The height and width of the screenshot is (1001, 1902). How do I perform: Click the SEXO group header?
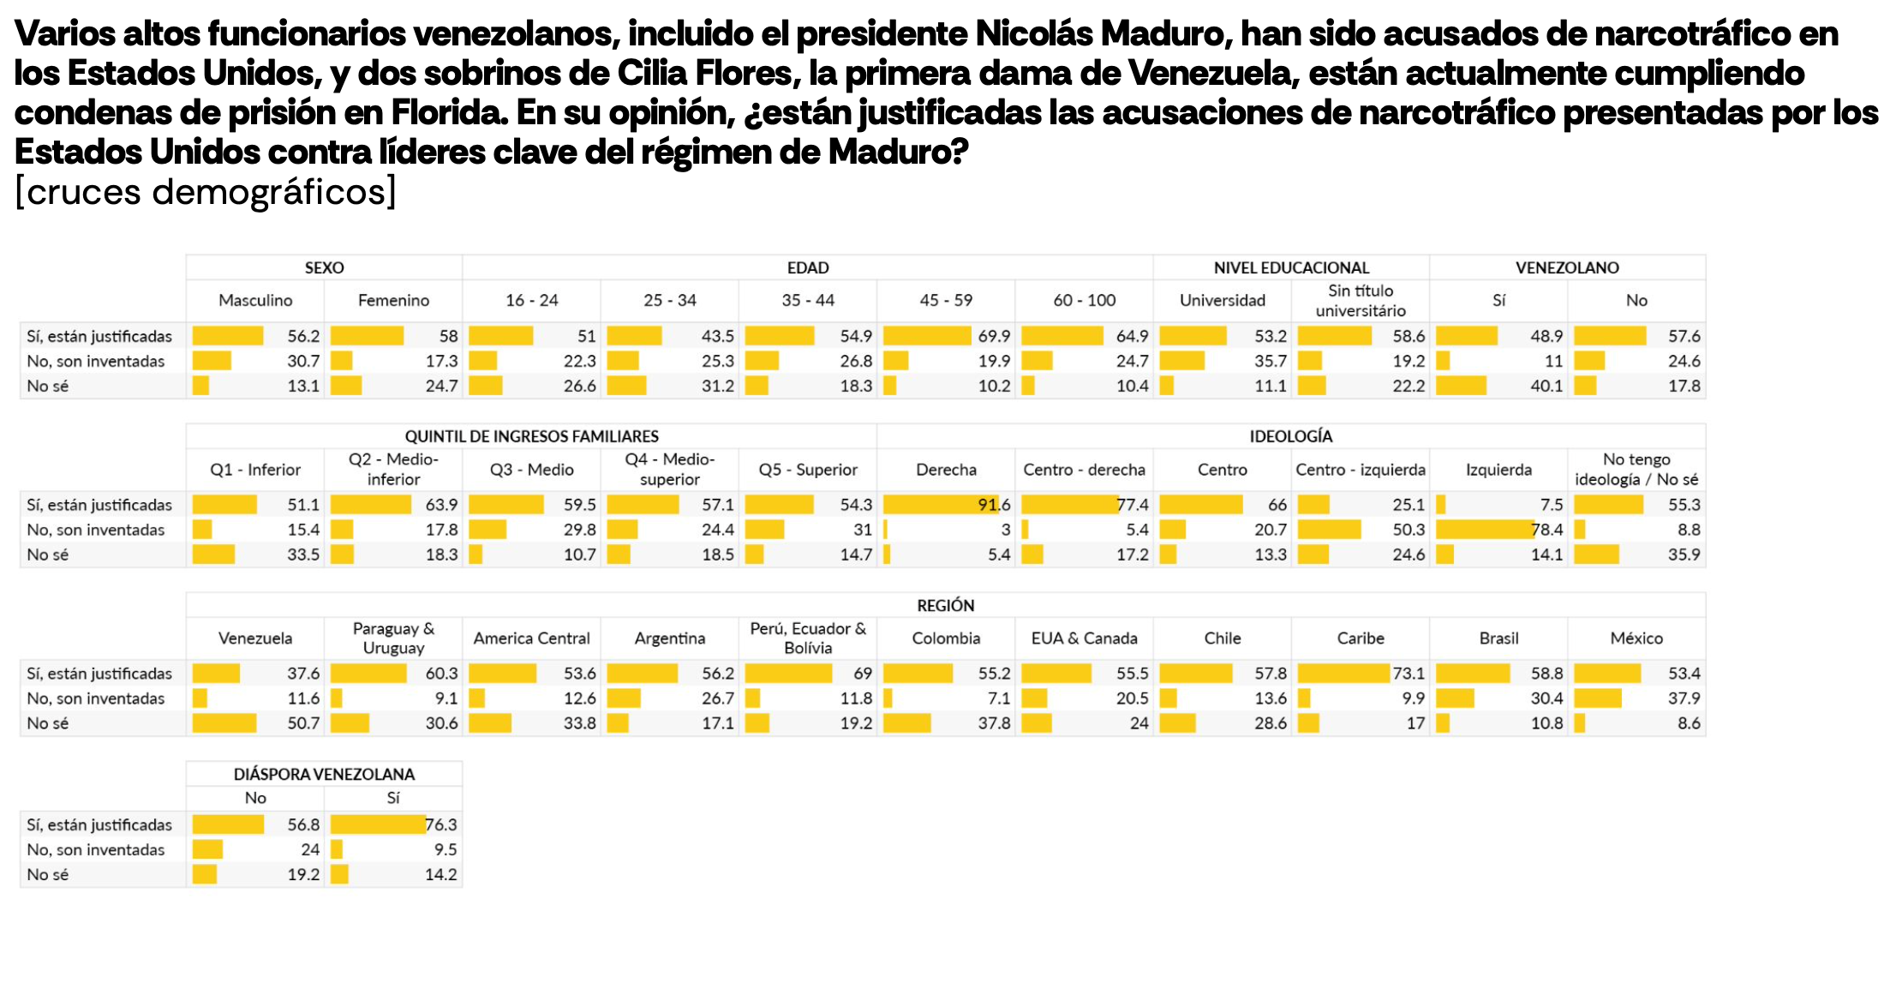pyautogui.click(x=324, y=267)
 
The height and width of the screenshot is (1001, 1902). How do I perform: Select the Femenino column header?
pyautogui.click(x=393, y=300)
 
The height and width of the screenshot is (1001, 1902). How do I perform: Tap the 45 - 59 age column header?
pyautogui.click(x=946, y=300)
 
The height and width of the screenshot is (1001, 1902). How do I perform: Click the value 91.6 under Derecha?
pyautogui.click(x=994, y=505)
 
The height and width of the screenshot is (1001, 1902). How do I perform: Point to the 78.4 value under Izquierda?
pyautogui.click(x=1546, y=530)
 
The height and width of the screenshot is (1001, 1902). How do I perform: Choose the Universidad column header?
pyautogui.click(x=1222, y=300)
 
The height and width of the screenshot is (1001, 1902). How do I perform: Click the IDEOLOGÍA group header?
pyautogui.click(x=1290, y=436)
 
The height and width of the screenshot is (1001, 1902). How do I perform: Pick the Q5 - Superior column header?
pyautogui.click(x=808, y=470)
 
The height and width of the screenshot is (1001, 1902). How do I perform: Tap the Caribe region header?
pyautogui.click(x=1361, y=638)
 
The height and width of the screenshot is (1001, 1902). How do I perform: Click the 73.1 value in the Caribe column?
pyautogui.click(x=1409, y=674)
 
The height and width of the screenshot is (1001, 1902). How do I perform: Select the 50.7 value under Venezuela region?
pyautogui.click(x=303, y=723)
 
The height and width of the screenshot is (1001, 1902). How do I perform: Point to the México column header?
pyautogui.click(x=1636, y=638)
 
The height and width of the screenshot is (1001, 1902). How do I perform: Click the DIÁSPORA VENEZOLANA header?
pyautogui.click(x=324, y=774)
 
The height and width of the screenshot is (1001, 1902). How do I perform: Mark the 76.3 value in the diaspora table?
pyautogui.click(x=441, y=824)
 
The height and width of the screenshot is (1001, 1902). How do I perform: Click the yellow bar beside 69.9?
pyautogui.click(x=926, y=336)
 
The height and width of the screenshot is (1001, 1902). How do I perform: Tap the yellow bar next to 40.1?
pyautogui.click(x=1461, y=386)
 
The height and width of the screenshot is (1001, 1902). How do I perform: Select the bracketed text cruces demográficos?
pyautogui.click(x=206, y=192)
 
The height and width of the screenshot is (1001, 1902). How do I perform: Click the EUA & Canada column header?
pyautogui.click(x=1084, y=638)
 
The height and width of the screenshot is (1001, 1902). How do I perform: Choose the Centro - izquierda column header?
pyautogui.click(x=1360, y=470)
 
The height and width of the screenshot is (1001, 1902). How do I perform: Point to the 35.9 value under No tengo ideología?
pyautogui.click(x=1684, y=554)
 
